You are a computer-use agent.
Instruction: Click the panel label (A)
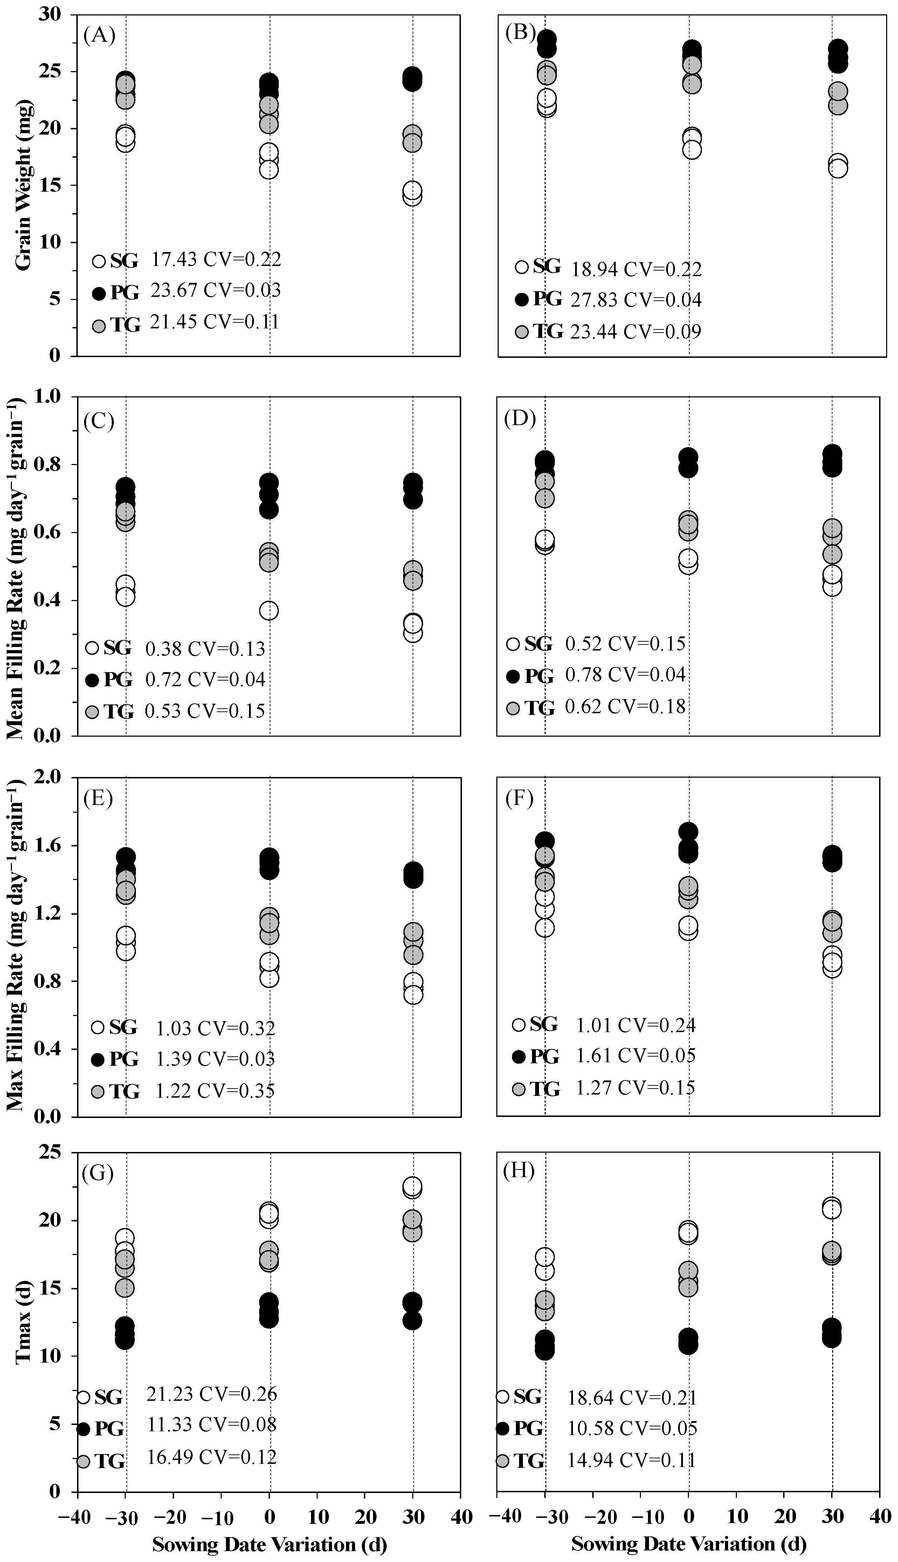tap(99, 35)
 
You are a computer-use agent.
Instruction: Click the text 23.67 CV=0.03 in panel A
tap(216, 290)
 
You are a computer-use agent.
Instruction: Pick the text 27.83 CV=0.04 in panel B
tap(636, 300)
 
